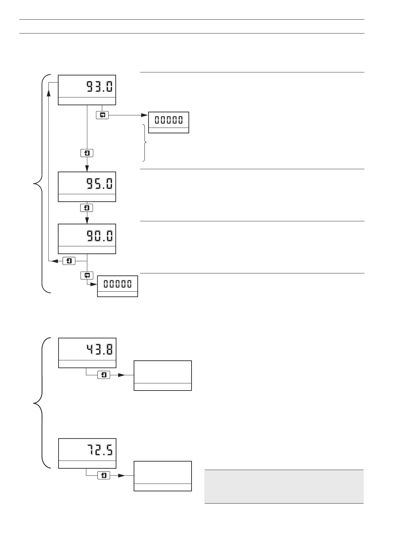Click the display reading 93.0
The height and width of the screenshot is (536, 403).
(x=87, y=90)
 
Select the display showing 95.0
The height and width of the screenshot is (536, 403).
(x=87, y=187)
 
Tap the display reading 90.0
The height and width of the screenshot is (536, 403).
(x=87, y=239)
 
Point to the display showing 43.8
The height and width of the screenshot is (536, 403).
(x=87, y=353)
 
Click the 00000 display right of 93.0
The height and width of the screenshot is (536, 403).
(x=169, y=122)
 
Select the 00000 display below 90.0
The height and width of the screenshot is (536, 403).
(x=117, y=286)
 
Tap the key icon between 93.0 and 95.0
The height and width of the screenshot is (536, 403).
(x=87, y=153)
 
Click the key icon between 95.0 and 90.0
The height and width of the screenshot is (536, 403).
(x=87, y=208)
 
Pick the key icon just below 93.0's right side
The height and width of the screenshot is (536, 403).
(x=102, y=115)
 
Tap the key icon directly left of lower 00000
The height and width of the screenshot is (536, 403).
(x=87, y=275)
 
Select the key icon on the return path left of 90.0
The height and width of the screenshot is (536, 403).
(x=69, y=261)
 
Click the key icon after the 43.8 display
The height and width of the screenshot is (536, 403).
(x=104, y=375)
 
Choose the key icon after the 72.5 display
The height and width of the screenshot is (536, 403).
(x=104, y=475)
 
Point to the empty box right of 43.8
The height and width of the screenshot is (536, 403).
(x=163, y=376)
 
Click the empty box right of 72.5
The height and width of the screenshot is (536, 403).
(x=163, y=476)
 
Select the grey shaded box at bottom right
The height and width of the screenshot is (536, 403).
(x=284, y=486)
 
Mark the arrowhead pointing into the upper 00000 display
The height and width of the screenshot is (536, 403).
(x=144, y=115)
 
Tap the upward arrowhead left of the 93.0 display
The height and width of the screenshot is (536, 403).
(x=49, y=89)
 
